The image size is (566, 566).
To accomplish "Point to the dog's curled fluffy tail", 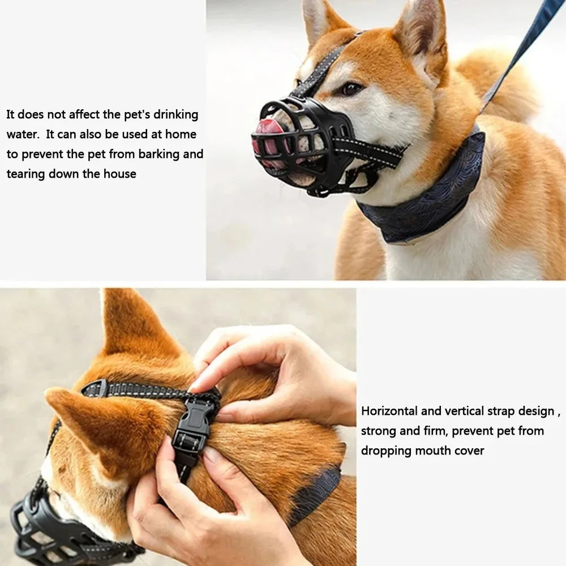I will (x=498, y=85).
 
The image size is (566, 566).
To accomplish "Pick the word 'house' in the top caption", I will (x=119, y=174).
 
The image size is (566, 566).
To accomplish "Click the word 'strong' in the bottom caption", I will (x=378, y=431).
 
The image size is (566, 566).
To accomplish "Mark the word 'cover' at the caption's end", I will (x=469, y=451).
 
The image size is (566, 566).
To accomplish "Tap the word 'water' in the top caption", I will (x=22, y=134).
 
